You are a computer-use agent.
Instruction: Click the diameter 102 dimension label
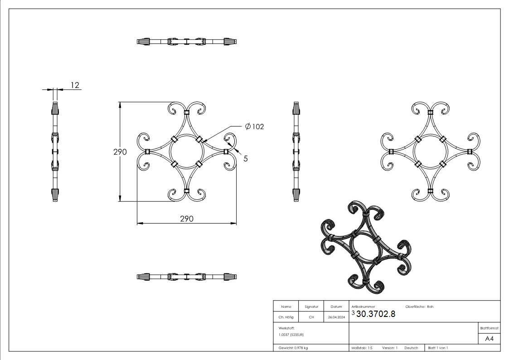pos(254,126)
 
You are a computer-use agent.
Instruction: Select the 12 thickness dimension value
pos(75,85)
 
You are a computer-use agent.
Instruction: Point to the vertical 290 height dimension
pos(120,152)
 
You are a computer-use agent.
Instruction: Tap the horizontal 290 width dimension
pos(187,219)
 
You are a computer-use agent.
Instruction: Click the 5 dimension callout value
pos(245,159)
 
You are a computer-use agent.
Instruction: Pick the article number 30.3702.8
pos(376,314)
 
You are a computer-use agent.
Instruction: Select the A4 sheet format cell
pos(490,338)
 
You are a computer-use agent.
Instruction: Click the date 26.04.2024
pos(336,317)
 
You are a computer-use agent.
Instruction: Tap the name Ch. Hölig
pos(286,317)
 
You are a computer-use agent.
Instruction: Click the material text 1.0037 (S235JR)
pos(291,334)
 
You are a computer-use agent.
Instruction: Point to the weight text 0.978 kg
pos(293,348)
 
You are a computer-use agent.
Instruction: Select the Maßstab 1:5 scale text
pos(362,348)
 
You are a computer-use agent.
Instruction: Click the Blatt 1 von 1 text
pos(438,348)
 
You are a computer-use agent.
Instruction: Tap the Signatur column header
pos(311,307)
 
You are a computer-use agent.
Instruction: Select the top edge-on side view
pos(186,42)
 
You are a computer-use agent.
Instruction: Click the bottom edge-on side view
pos(186,276)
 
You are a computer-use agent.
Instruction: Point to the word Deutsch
pos(411,348)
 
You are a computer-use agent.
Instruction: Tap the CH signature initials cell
pos(311,317)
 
